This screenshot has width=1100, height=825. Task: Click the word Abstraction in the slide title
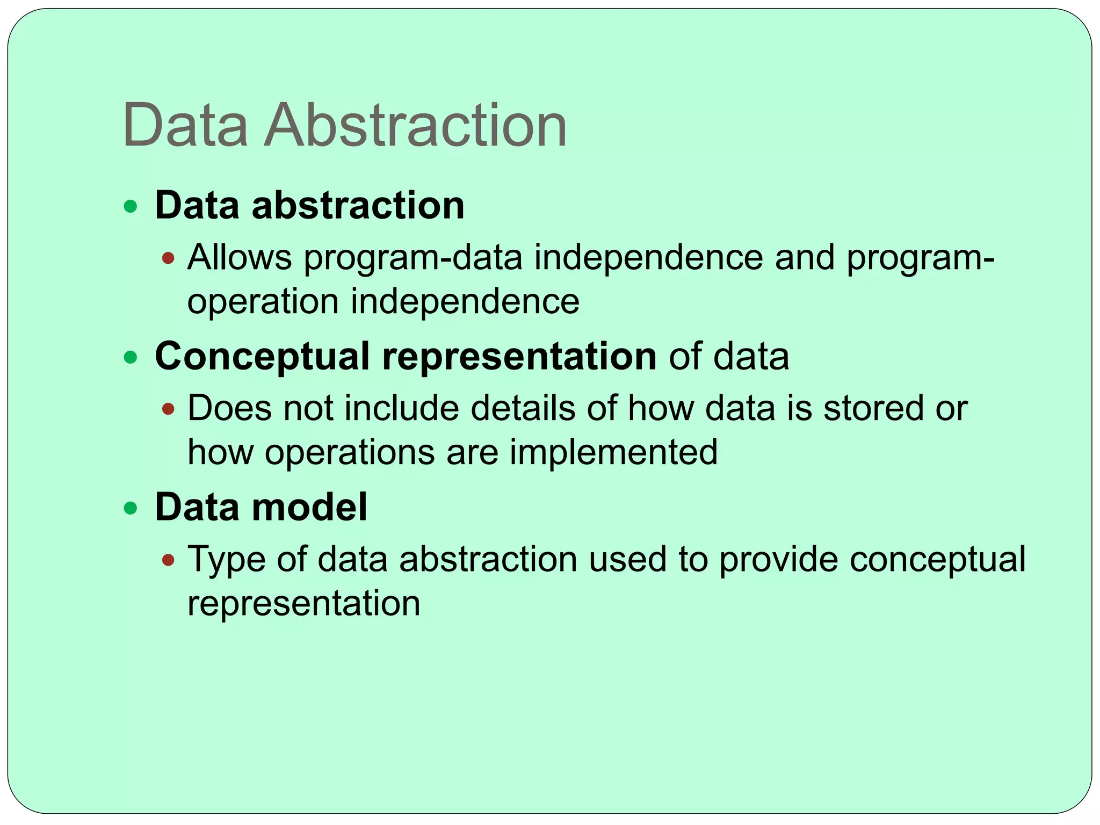tap(415, 126)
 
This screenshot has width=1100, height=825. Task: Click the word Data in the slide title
tap(185, 126)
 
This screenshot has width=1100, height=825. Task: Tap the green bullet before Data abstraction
tap(131, 206)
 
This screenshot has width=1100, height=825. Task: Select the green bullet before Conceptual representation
tap(131, 357)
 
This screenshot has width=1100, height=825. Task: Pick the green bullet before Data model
tap(131, 508)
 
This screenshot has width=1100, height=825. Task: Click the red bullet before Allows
tap(169, 258)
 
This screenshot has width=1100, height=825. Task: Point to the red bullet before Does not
tap(169, 409)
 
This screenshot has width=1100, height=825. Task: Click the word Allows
tap(240, 257)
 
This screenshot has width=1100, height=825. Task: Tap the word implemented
tap(613, 452)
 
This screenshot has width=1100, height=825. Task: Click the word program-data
tap(413, 258)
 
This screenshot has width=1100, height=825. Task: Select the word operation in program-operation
tap(263, 302)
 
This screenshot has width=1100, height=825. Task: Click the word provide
tap(778, 559)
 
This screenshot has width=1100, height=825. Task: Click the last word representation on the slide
tap(303, 604)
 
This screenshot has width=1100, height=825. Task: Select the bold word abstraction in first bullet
tap(358, 206)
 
